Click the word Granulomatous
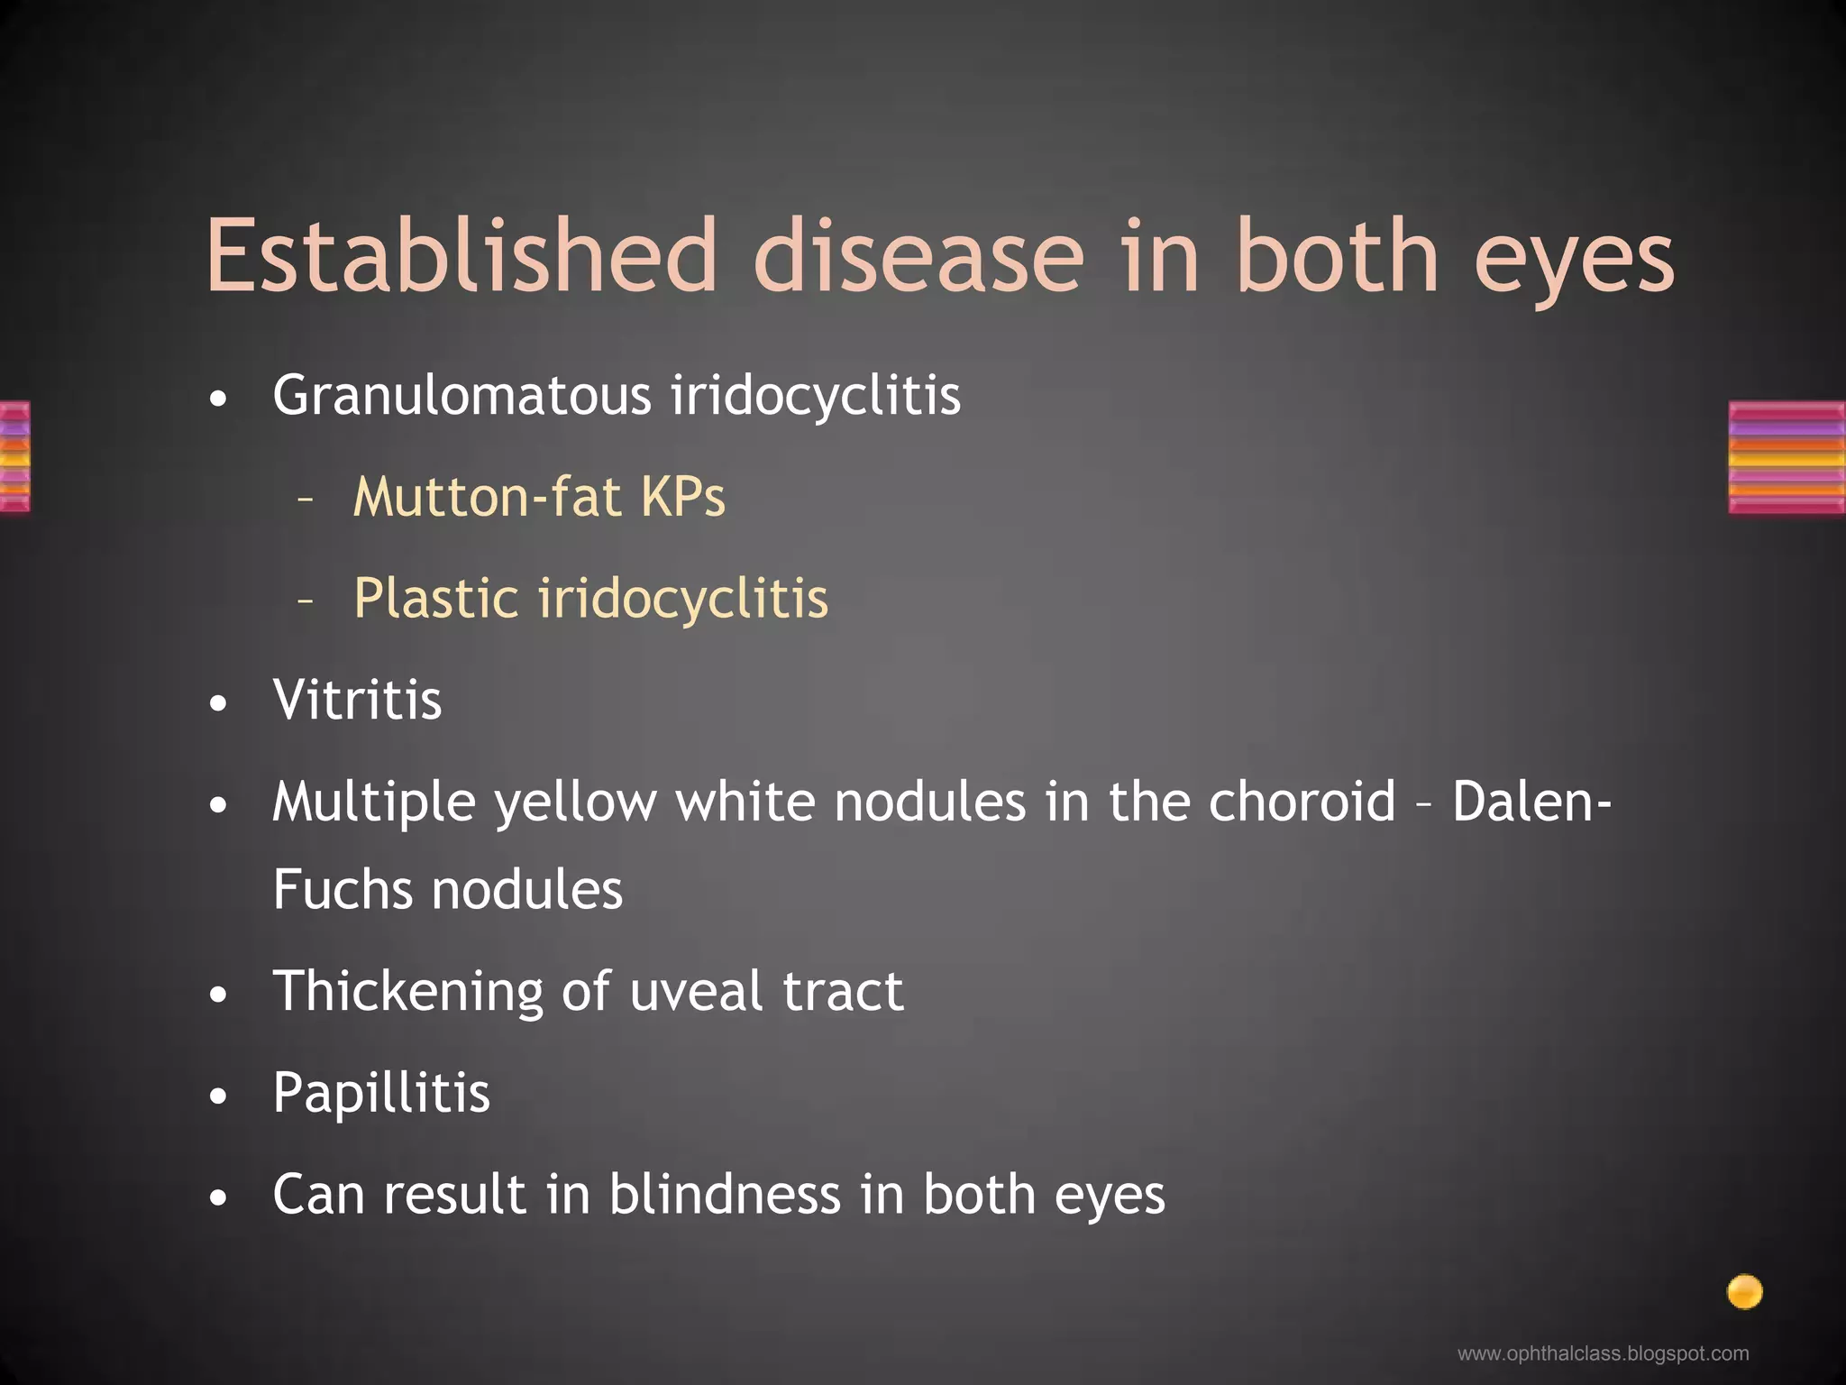tap(461, 396)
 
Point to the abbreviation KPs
tap(682, 497)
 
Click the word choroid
tap(1302, 802)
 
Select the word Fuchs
tap(343, 890)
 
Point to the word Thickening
tap(407, 991)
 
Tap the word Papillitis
tap(381, 1093)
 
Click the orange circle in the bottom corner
tap(1744, 1292)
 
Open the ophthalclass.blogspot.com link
tap(1603, 1353)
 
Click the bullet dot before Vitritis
tap(218, 703)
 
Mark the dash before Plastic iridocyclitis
tap(306, 599)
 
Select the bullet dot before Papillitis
tap(218, 1097)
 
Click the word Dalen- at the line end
tap(1531, 802)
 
